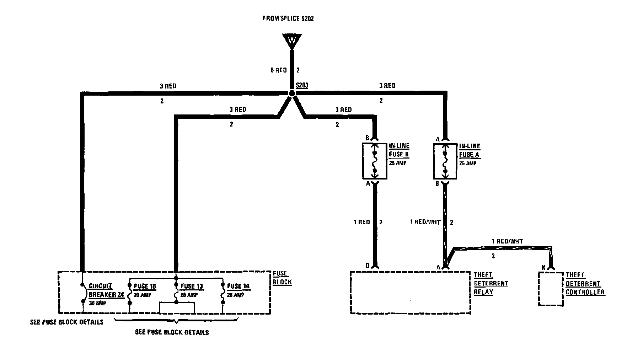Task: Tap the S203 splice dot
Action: click(292, 93)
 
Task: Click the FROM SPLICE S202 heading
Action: click(288, 18)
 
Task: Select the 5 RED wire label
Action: click(278, 70)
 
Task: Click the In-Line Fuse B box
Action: click(374, 161)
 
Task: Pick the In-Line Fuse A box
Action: click(445, 161)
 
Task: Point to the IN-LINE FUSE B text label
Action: click(399, 150)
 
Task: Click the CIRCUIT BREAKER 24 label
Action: click(106, 290)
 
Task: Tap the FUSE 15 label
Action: click(145, 286)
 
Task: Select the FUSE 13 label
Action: click(192, 286)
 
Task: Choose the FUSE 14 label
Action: click(238, 286)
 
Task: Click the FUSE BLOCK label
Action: click(282, 278)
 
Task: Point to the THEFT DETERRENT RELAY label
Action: click(490, 284)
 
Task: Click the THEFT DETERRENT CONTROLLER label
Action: click(585, 284)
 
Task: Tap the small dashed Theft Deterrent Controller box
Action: click(551, 289)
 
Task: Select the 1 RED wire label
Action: click(361, 222)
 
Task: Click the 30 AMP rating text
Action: click(97, 303)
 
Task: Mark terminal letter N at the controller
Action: click(543, 267)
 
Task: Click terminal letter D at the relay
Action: click(368, 266)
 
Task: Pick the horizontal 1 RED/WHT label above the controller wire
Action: click(507, 241)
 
